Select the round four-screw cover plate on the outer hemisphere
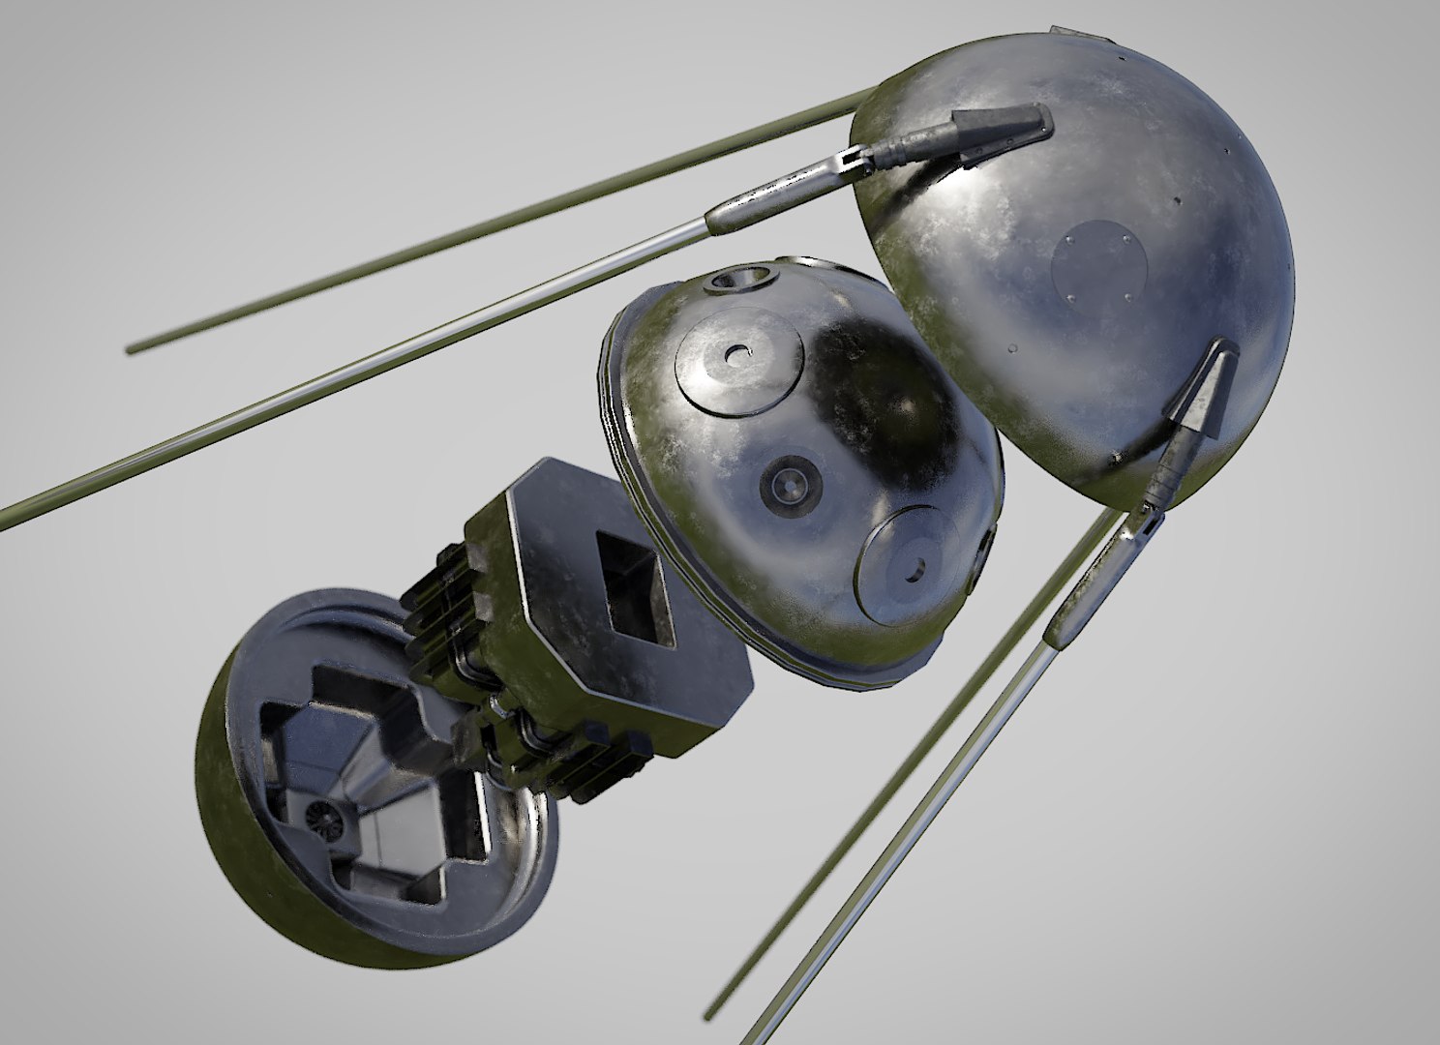(1099, 262)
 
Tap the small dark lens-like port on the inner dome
(792, 481)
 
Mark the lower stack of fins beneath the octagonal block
(590, 764)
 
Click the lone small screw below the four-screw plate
(1011, 344)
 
